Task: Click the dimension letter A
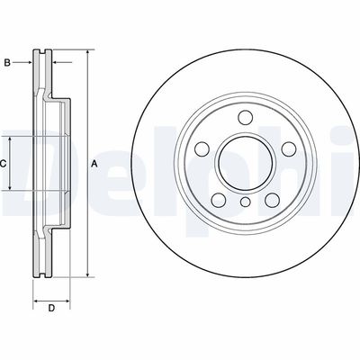click(x=94, y=163)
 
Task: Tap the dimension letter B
click(x=7, y=62)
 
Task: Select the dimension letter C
click(x=4, y=163)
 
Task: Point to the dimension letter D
click(x=51, y=309)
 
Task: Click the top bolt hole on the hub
click(x=245, y=116)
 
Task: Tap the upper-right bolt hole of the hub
click(x=290, y=148)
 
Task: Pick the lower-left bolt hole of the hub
click(x=217, y=201)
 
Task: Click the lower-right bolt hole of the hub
click(x=273, y=201)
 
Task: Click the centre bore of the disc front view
click(x=245, y=163)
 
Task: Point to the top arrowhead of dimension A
click(x=87, y=53)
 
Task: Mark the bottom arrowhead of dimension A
click(x=87, y=274)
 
